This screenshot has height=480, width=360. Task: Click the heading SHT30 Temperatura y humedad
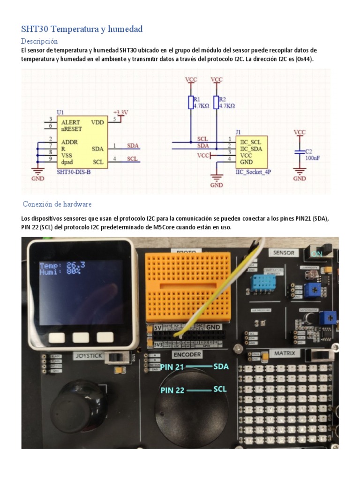(x=82, y=29)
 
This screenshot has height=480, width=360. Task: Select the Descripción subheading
(x=39, y=41)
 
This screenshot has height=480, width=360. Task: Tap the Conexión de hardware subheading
(x=57, y=204)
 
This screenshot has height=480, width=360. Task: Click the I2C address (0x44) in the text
(x=305, y=60)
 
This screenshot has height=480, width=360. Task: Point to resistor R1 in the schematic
(x=191, y=102)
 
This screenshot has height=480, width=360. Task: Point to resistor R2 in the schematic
(x=216, y=102)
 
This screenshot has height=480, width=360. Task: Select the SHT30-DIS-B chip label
(x=73, y=172)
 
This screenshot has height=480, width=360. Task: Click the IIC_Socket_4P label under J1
(x=253, y=172)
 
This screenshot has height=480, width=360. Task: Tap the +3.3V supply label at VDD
(x=120, y=112)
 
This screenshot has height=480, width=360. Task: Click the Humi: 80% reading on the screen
(x=60, y=271)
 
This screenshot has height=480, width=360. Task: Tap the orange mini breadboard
(x=188, y=286)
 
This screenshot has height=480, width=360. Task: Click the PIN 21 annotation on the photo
(x=172, y=367)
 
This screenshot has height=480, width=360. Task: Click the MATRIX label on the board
(x=285, y=353)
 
